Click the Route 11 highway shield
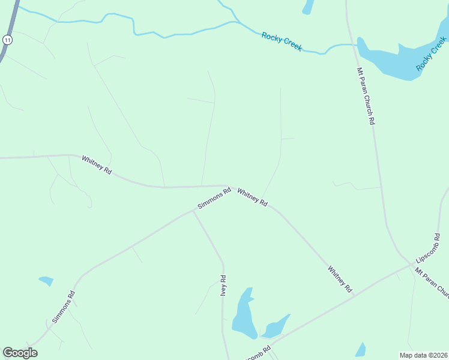pos(7,40)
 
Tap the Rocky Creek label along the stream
pos(282,41)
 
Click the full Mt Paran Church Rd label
pos(366,96)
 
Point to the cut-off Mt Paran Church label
pos(432,282)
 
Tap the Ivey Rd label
pos(223,286)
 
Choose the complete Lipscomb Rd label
pos(429,248)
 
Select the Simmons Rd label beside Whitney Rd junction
pos(215,199)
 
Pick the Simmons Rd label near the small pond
pos(63,307)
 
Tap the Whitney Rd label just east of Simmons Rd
pos(252,197)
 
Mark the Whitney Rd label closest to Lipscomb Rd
pos(340,279)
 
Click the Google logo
pos(20,353)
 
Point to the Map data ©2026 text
pos(423,355)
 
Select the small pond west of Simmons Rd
pos(46,280)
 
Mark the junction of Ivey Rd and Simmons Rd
pos(193,212)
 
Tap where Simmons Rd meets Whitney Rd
pos(228,187)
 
